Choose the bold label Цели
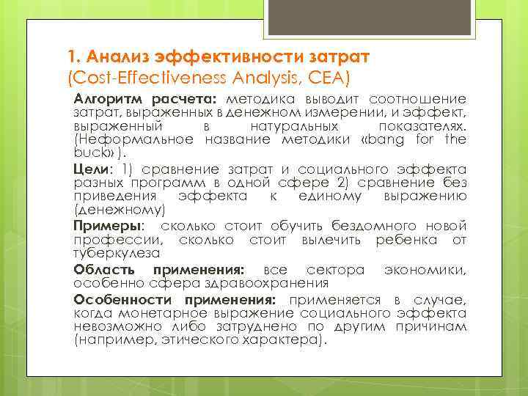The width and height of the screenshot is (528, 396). pyautogui.click(x=87, y=168)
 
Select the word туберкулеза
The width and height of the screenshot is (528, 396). pyautogui.click(x=117, y=253)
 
